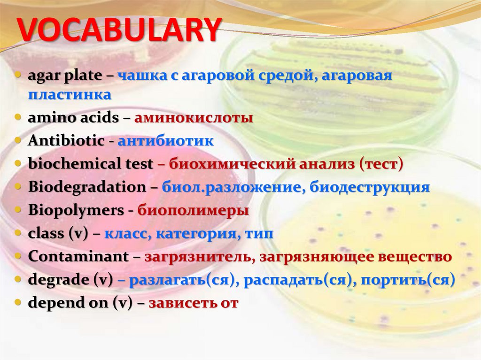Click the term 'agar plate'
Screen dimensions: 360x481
coord(64,76)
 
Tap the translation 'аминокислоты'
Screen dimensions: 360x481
coord(194,118)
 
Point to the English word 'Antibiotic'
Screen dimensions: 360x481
coord(66,141)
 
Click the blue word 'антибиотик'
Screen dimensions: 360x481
coord(165,141)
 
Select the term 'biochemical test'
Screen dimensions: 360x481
coord(90,164)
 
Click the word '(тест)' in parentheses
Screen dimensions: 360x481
coord(381,164)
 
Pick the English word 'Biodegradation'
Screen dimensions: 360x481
coord(87,187)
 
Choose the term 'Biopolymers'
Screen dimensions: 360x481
coord(76,210)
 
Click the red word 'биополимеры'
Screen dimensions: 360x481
coord(193,210)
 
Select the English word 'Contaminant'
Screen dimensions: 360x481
coord(78,257)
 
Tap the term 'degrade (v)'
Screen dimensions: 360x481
coord(70,280)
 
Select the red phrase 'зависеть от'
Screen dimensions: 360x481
coord(194,303)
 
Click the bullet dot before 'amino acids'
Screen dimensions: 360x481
coord(18,118)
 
